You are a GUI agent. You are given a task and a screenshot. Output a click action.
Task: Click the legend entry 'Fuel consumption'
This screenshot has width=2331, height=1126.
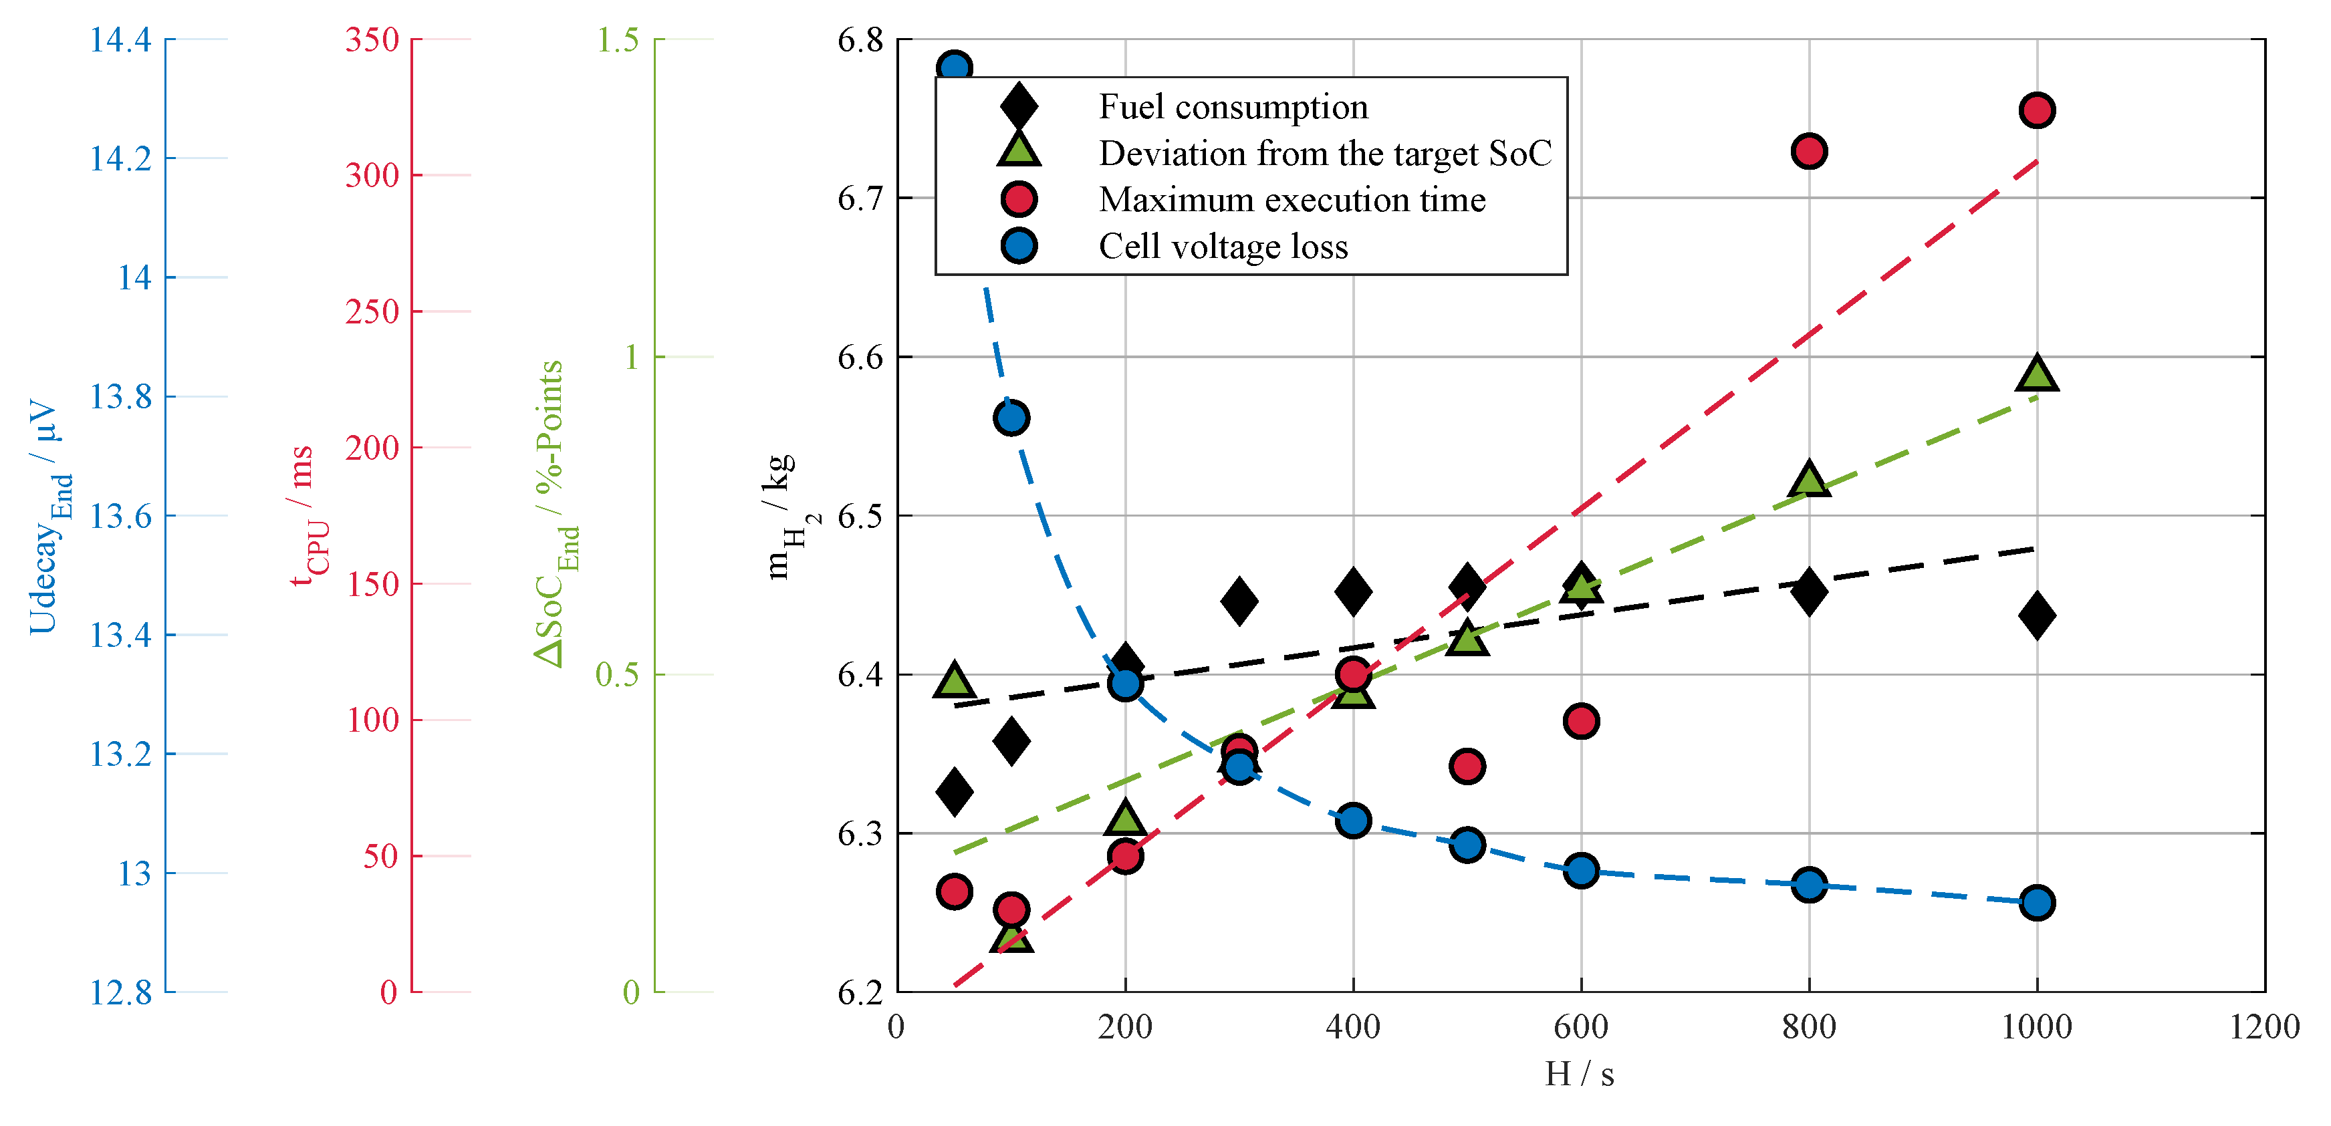[x=1233, y=107]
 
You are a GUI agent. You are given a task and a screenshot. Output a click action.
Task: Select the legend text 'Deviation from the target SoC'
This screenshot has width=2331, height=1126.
[x=1325, y=153]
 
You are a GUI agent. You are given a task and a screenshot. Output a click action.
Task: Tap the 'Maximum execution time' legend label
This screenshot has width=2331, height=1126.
[x=1292, y=199]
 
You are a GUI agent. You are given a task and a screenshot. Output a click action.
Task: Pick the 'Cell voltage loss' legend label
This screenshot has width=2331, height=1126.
[x=1223, y=246]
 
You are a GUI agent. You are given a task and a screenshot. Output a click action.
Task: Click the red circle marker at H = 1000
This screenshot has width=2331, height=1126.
[x=2037, y=110]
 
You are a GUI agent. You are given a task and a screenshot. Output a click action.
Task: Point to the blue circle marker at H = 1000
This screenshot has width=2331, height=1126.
[x=2037, y=903]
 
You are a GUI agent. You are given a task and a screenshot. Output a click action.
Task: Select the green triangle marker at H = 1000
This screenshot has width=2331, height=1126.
[x=2037, y=373]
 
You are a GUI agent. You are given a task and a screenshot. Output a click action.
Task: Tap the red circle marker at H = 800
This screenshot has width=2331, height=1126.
[x=1809, y=151]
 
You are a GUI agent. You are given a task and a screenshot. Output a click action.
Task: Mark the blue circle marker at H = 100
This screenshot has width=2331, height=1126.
[x=1011, y=418]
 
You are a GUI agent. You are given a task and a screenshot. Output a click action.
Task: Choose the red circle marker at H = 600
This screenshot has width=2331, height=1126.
[x=1581, y=721]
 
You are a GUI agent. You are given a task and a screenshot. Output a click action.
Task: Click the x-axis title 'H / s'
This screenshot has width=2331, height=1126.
[x=1580, y=1074]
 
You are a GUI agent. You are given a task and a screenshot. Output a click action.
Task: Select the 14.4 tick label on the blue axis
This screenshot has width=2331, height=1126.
[x=120, y=40]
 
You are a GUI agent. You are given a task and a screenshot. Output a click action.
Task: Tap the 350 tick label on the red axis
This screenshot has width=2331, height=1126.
[x=372, y=40]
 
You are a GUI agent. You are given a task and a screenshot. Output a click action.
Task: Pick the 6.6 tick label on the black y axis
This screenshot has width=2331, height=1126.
[x=860, y=358]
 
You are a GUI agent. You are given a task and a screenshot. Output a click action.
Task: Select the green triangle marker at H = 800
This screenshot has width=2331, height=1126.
[x=1809, y=479]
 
